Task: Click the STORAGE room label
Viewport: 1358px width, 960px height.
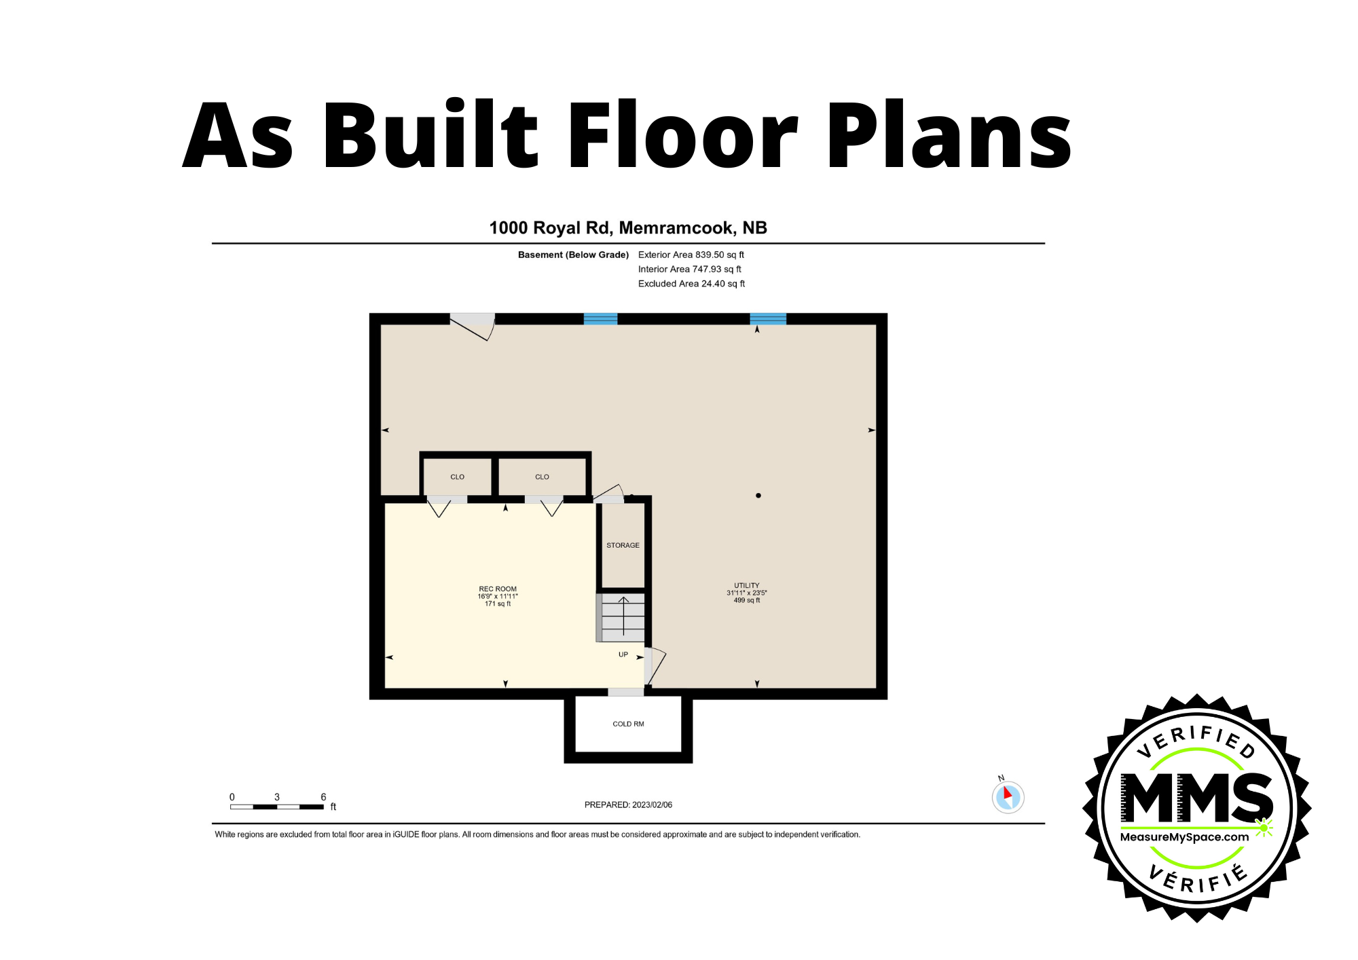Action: point(623,545)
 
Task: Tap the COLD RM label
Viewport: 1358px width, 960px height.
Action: point(628,724)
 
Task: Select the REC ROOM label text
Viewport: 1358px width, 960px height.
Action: point(498,589)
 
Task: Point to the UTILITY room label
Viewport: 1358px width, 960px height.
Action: point(746,585)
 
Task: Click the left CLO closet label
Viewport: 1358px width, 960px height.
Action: point(457,477)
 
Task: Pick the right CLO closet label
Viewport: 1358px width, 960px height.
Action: point(542,477)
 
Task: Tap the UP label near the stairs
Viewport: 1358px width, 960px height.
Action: point(623,654)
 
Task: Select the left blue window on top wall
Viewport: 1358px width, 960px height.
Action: point(600,318)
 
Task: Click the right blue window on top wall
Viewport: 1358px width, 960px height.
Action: point(768,318)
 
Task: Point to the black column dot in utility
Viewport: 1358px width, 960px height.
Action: point(758,496)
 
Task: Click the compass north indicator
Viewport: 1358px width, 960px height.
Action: point(1008,796)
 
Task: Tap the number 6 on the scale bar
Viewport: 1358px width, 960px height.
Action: point(323,797)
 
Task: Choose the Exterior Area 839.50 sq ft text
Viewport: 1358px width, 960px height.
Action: point(691,255)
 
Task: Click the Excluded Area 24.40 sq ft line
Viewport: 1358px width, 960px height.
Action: point(691,284)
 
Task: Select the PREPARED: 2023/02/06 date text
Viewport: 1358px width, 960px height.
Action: point(628,805)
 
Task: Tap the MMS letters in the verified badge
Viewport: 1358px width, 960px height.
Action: point(1196,798)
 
